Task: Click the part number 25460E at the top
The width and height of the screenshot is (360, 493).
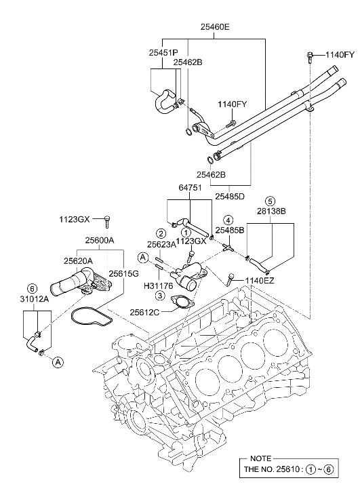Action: [x=215, y=28]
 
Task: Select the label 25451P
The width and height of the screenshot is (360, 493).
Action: [x=163, y=52]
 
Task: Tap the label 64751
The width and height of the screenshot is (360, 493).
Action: [x=193, y=188]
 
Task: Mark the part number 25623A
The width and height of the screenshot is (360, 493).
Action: [x=162, y=245]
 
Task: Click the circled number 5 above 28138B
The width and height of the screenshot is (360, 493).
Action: [x=269, y=201]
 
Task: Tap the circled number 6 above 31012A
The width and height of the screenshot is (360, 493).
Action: [x=31, y=288]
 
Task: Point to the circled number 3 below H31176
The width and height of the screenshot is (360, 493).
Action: [x=158, y=296]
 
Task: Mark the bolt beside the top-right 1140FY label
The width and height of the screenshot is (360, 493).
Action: [x=310, y=54]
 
